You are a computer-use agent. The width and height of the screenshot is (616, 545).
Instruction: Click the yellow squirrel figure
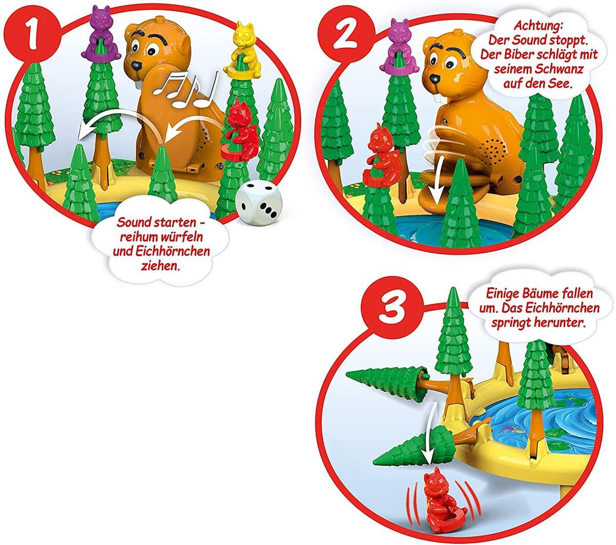pyautogui.click(x=243, y=43)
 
